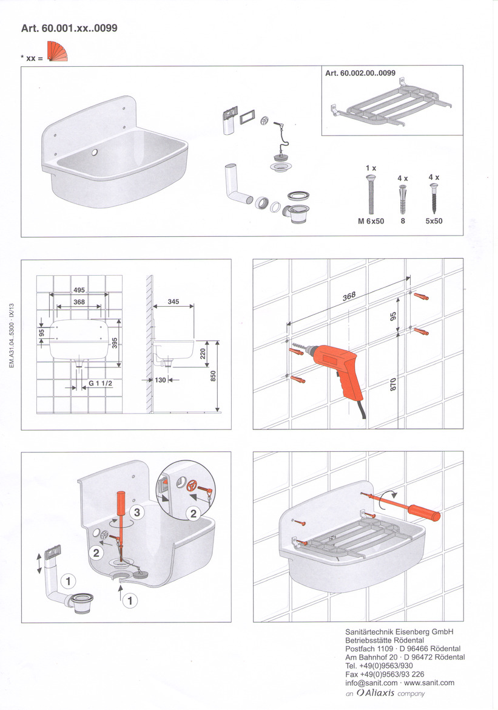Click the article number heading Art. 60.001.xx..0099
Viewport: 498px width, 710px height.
(69, 28)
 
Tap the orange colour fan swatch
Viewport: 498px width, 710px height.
(56, 52)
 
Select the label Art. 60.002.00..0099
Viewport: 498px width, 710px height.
(360, 73)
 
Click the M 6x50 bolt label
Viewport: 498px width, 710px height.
(371, 221)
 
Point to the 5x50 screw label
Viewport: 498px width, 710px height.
(434, 221)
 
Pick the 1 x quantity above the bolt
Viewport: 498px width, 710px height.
(371, 168)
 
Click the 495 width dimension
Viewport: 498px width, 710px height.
(79, 290)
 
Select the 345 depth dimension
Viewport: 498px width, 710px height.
(173, 301)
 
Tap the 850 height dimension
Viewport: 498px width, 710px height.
(214, 376)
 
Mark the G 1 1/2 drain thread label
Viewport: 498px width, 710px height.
(100, 383)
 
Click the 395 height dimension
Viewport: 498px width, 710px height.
(115, 343)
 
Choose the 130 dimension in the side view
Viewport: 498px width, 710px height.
(161, 380)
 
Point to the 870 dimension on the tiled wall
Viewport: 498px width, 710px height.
(393, 384)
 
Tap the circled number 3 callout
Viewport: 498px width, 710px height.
(137, 513)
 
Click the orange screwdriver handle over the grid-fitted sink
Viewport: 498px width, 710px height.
(424, 513)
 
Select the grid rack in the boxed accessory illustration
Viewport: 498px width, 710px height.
(391, 103)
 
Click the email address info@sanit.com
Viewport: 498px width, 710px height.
(371, 683)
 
